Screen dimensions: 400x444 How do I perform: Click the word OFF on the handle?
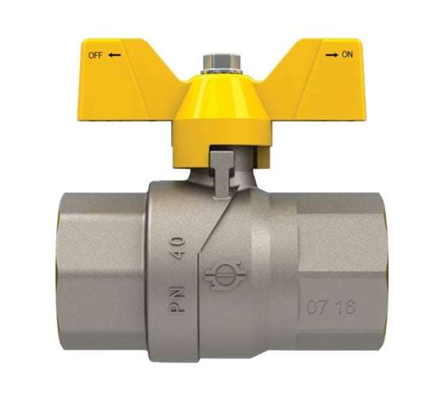pyautogui.click(x=94, y=56)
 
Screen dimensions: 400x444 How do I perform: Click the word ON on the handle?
pyautogui.click(x=346, y=56)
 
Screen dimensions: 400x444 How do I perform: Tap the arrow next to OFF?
pyautogui.click(x=114, y=56)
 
